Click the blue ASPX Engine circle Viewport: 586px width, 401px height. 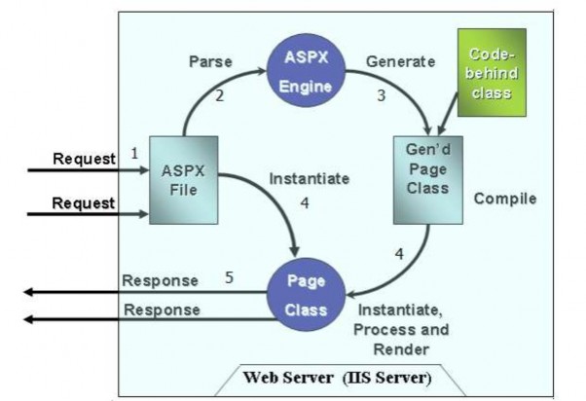[306, 72]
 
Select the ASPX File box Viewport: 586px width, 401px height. [184, 181]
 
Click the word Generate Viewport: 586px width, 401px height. [400, 61]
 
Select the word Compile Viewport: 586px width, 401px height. [505, 199]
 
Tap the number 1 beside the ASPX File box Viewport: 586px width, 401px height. [134, 153]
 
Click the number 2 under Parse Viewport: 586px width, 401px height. [220, 94]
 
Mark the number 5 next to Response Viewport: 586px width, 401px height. [229, 277]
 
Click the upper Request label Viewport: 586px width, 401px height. [83, 160]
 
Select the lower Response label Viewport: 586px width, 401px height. [161, 310]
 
